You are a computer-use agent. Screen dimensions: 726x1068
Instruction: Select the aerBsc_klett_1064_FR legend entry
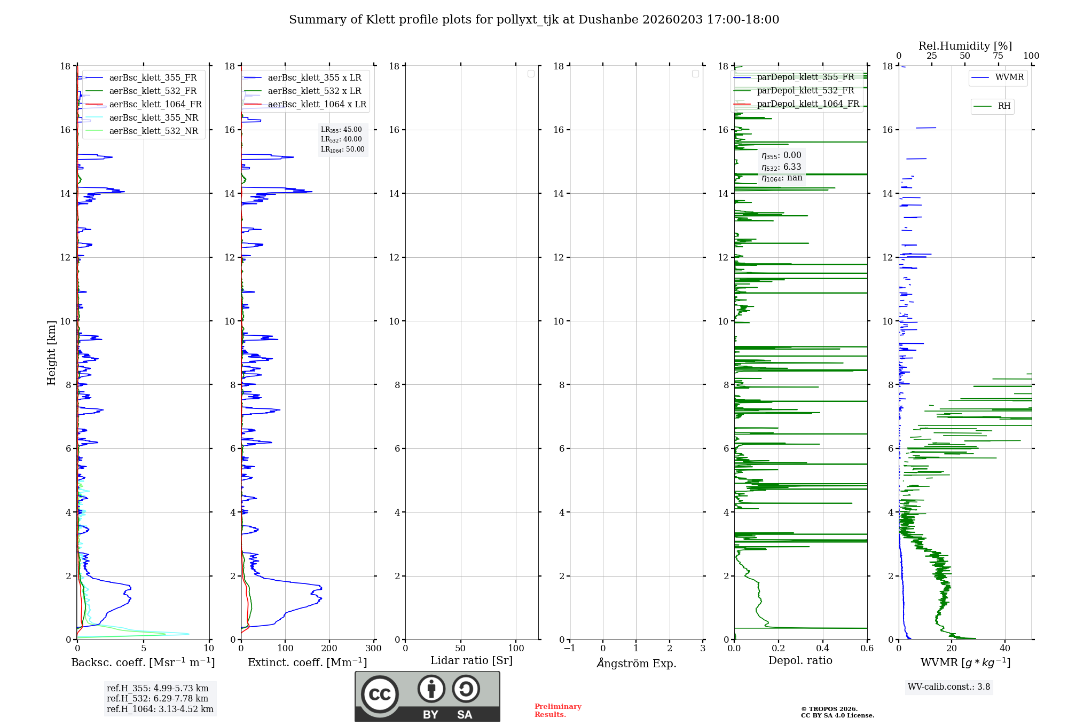point(155,105)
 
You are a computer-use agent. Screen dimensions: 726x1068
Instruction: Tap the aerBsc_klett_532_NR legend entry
point(153,131)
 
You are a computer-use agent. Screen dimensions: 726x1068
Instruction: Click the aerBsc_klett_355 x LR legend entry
point(314,78)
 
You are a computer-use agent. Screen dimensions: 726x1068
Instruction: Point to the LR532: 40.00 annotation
point(341,139)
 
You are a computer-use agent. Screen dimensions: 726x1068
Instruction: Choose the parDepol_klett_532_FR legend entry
point(805,91)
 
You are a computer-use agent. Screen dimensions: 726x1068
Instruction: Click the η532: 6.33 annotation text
point(781,167)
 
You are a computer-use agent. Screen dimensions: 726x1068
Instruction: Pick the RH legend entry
point(1004,106)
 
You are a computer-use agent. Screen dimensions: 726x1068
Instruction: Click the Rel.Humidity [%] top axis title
point(965,46)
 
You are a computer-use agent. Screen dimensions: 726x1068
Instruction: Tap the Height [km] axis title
point(51,352)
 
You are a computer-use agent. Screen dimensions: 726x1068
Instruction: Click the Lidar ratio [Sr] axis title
point(472,661)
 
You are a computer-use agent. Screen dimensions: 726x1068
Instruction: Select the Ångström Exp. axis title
point(636,664)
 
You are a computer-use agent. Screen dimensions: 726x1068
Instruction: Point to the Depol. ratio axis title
point(800,661)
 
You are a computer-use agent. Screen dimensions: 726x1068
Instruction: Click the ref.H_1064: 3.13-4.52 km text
point(160,709)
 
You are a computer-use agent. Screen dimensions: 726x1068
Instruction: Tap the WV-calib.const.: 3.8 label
point(948,687)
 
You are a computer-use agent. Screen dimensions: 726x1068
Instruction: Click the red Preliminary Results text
point(557,711)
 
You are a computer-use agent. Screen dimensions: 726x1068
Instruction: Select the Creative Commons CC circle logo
point(380,695)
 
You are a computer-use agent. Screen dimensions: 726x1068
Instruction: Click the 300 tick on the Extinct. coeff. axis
point(373,649)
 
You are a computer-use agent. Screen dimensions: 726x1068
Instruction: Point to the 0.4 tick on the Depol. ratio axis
point(822,649)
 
